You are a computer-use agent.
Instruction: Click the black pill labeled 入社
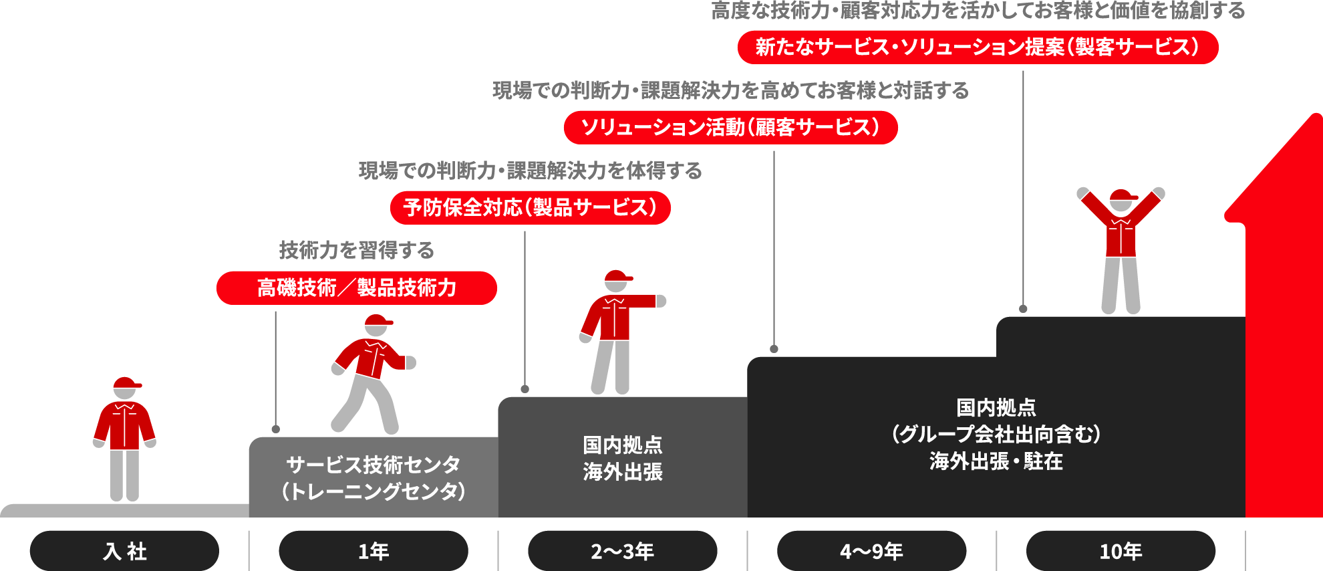click(124, 551)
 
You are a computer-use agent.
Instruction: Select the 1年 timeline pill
click(373, 551)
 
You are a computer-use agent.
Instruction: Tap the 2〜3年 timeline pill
click(622, 551)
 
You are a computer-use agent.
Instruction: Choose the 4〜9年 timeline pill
click(871, 551)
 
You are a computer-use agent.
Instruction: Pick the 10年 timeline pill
click(1121, 551)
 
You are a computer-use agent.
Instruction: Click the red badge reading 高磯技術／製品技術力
click(356, 288)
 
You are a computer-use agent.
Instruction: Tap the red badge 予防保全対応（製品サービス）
click(530, 207)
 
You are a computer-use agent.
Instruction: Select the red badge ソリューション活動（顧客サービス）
click(730, 127)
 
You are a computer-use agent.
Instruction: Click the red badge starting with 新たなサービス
click(978, 47)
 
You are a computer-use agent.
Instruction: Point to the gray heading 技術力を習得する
click(356, 250)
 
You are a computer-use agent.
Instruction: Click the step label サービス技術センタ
click(373, 464)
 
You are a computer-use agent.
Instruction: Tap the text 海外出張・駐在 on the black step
click(996, 461)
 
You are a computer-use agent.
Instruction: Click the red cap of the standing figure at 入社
click(126, 383)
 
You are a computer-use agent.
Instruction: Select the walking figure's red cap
click(378, 321)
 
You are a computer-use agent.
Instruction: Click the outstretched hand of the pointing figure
click(661, 301)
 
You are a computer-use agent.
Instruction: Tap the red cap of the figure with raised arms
click(1122, 195)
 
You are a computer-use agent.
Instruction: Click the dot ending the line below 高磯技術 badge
click(275, 429)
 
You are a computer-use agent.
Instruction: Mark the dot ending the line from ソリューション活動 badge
click(774, 349)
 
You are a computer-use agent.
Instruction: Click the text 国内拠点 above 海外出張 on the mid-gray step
click(622, 445)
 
